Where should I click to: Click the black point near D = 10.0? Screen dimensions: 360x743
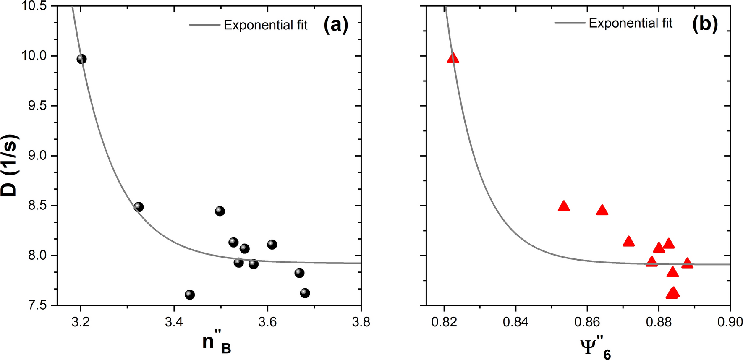point(81,59)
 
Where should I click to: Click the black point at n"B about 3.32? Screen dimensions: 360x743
point(139,207)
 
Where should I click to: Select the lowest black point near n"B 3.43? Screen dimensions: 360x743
point(190,295)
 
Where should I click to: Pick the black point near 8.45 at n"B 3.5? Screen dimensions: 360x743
point(220,211)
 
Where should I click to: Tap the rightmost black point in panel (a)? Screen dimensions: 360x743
point(305,293)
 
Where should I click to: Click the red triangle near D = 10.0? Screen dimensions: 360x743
point(453,58)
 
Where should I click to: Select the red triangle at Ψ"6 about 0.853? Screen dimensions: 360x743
point(564,206)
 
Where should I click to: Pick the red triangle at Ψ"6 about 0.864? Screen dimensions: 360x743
point(602,210)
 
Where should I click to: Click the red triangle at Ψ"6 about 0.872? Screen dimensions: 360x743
point(628,241)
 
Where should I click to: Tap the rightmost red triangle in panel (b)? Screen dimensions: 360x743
point(687,263)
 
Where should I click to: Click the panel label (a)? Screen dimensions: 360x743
point(336,25)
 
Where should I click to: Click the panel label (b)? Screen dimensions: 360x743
point(705,23)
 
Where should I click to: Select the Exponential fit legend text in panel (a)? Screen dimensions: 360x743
point(265,25)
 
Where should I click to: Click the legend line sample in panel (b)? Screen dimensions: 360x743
point(570,23)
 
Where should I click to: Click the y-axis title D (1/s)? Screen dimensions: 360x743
point(9,165)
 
